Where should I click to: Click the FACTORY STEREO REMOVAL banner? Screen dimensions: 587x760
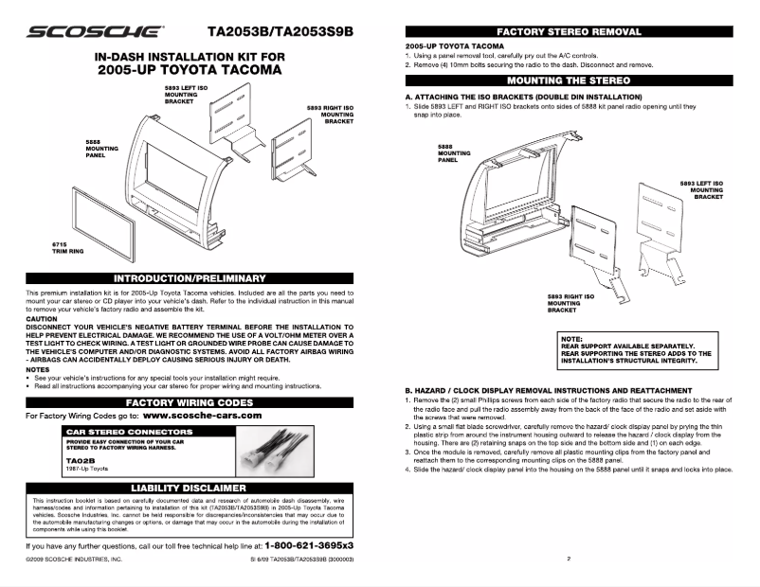[569, 32]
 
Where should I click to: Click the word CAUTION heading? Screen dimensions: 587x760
[43, 319]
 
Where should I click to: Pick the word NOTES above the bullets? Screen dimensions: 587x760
[38, 369]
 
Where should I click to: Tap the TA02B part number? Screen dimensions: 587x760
[79, 460]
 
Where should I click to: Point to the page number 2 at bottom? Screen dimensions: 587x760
[568, 560]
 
